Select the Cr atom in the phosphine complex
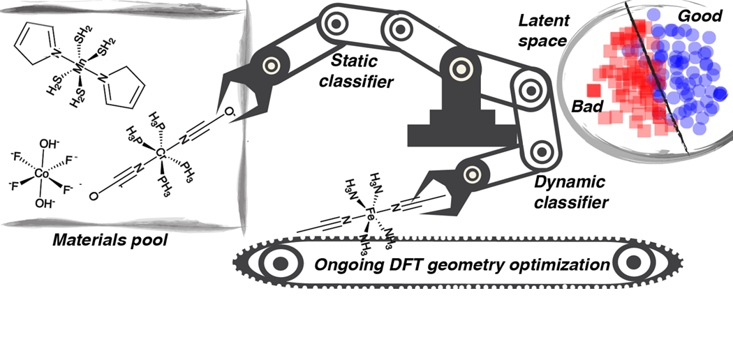coord(160,152)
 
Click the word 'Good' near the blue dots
coord(700,15)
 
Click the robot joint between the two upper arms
coord(400,29)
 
